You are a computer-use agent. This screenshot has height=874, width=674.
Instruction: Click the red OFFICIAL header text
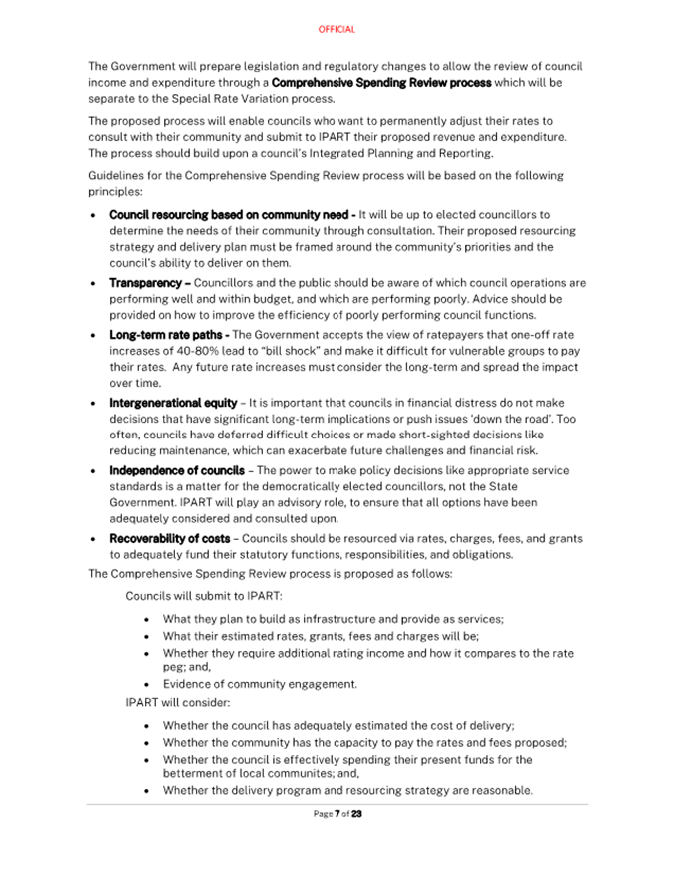click(x=337, y=30)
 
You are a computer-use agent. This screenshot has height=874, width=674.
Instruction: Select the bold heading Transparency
click(x=146, y=283)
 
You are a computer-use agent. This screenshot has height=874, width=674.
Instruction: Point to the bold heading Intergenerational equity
click(x=173, y=403)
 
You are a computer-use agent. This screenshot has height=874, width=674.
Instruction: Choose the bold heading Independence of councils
click(x=176, y=470)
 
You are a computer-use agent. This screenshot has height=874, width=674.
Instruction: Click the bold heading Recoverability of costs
click(x=169, y=539)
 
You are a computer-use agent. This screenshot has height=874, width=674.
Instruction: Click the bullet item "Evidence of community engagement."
click(x=260, y=684)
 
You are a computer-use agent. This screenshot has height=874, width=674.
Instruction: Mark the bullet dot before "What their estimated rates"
click(x=148, y=636)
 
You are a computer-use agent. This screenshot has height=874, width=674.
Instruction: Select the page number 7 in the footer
click(x=337, y=814)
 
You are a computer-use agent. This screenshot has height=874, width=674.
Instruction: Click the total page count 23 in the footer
click(x=356, y=814)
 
